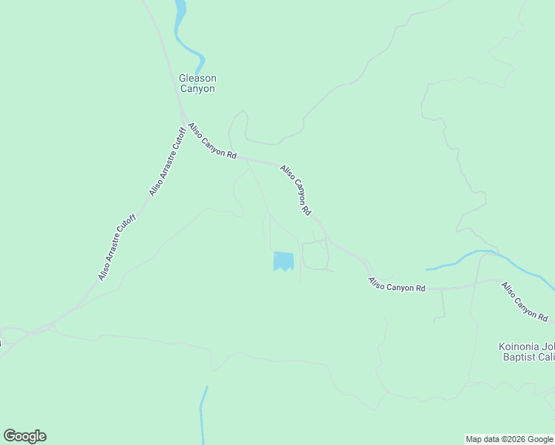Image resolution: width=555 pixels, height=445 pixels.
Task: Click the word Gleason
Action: [197, 78]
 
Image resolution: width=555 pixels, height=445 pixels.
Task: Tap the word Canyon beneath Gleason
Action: [197, 89]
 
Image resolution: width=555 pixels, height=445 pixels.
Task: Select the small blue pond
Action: [283, 260]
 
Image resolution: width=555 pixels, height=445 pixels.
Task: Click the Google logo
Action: [24, 436]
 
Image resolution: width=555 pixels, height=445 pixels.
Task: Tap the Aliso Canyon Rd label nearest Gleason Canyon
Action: [212, 142]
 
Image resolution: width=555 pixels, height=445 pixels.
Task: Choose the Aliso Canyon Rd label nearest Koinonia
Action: [525, 301]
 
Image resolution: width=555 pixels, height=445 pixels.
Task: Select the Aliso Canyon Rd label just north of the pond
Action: [295, 191]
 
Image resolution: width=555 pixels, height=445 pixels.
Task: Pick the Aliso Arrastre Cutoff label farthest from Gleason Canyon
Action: [117, 248]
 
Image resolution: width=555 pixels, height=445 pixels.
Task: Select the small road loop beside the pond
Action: [315, 254]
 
